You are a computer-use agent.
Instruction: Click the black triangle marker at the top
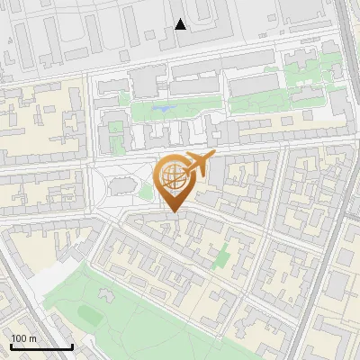(181, 24)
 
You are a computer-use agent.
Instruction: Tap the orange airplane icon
(198, 165)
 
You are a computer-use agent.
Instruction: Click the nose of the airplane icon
(213, 156)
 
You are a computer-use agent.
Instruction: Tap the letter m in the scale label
(33, 338)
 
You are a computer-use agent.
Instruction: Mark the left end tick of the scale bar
(10, 346)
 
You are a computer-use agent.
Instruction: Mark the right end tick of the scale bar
(72, 346)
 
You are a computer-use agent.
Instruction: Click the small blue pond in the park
(163, 110)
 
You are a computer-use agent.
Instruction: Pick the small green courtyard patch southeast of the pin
(221, 259)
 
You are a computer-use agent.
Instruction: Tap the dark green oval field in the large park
(90, 313)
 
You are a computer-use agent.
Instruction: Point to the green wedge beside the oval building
(146, 192)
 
